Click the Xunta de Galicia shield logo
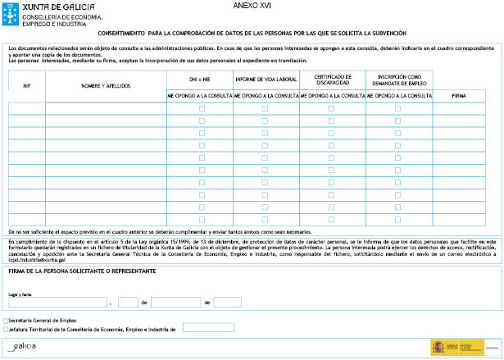[x=11, y=12]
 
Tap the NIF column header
[x=26, y=85]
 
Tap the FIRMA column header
[x=460, y=96]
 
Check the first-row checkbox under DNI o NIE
[x=202, y=108]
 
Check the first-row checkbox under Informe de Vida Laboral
[x=265, y=108]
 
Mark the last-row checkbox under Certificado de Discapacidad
[x=331, y=220]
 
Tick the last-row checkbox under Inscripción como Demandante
[x=398, y=220]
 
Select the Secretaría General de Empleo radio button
[x=7, y=321]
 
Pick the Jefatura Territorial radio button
[x=7, y=329]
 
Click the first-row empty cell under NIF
[x=26, y=108]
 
